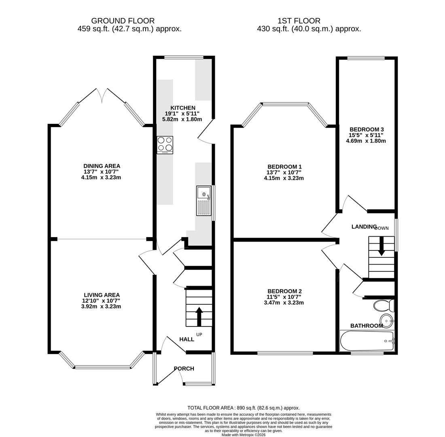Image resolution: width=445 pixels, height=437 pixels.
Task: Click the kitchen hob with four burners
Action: [x=165, y=144]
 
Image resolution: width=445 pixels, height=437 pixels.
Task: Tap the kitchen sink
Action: [x=204, y=201]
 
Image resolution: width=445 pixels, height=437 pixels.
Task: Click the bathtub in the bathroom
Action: [x=367, y=341]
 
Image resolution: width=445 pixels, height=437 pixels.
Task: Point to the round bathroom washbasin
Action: [x=387, y=320]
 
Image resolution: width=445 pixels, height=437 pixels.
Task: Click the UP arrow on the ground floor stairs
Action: [x=199, y=316]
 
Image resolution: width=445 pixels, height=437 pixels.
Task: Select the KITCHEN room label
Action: [x=182, y=108]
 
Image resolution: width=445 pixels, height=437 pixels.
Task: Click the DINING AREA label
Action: [x=102, y=166]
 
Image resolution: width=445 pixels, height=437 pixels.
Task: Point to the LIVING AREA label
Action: [x=102, y=295]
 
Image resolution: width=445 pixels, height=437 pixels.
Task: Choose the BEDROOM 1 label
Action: [x=284, y=167]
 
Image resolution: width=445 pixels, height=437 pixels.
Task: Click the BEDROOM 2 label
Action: [x=284, y=291]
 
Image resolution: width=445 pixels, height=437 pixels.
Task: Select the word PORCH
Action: [x=184, y=369]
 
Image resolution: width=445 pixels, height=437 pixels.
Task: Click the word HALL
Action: [x=186, y=339]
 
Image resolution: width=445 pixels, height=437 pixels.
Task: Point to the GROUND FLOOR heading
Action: [x=123, y=21]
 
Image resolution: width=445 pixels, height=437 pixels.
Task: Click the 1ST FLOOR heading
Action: [x=299, y=21]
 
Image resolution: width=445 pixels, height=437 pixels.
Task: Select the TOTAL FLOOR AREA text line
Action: [x=243, y=408]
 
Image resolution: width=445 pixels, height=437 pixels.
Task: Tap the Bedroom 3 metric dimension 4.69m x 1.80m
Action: [x=366, y=141]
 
